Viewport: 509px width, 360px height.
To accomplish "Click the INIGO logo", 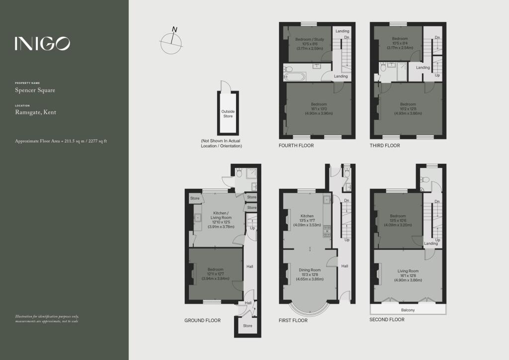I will click(x=42, y=44).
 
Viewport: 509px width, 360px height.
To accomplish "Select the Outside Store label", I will click(x=228, y=114).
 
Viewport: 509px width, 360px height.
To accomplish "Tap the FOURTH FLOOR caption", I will click(x=297, y=146).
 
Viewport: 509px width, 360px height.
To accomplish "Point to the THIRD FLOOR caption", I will click(x=385, y=146).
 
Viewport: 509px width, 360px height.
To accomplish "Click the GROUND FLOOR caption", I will click(x=203, y=321).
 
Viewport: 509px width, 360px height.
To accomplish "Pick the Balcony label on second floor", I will click(x=408, y=310).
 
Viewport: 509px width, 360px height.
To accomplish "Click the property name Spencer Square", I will click(x=35, y=90).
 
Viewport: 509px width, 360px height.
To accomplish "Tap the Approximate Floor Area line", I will click(x=61, y=141).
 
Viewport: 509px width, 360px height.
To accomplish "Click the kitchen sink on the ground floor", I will click(x=198, y=218).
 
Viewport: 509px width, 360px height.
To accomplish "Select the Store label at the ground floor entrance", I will click(x=248, y=326).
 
